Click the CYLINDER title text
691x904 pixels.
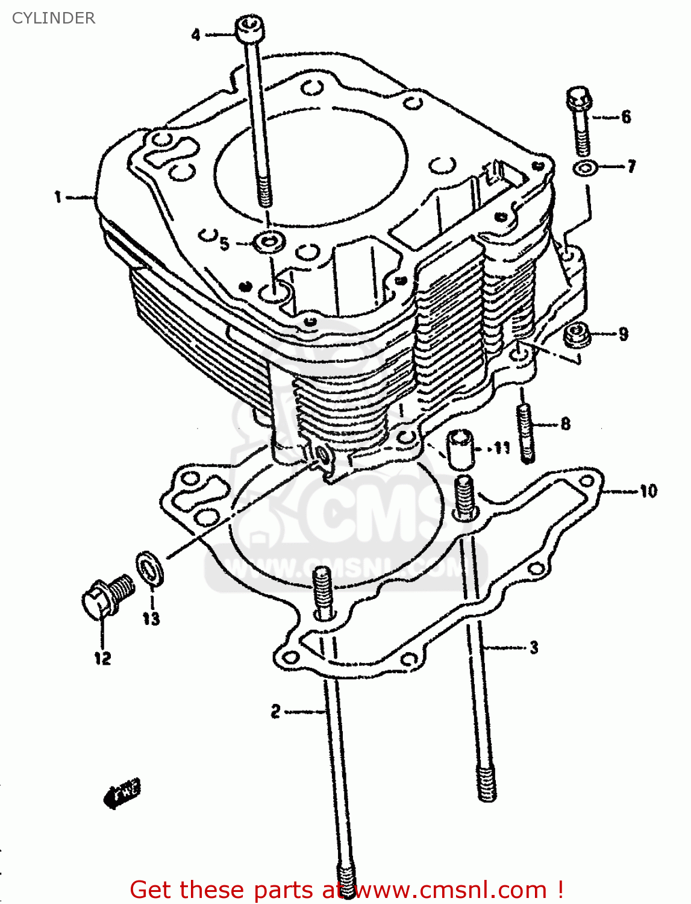pyautogui.click(x=54, y=18)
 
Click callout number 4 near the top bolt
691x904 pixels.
pyautogui.click(x=196, y=35)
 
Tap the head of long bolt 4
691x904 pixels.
pyautogui.click(x=249, y=29)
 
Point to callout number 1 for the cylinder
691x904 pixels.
pyautogui.click(x=58, y=196)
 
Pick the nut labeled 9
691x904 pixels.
pyautogui.click(x=576, y=335)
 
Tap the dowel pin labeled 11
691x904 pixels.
pyautogui.click(x=460, y=450)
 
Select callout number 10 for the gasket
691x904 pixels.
pyautogui.click(x=648, y=491)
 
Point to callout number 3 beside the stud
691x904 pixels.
pyautogui.click(x=534, y=648)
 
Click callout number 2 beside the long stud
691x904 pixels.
pyautogui.click(x=275, y=712)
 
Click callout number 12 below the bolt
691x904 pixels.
pyautogui.click(x=102, y=658)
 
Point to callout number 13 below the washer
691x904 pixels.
pyautogui.click(x=151, y=618)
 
